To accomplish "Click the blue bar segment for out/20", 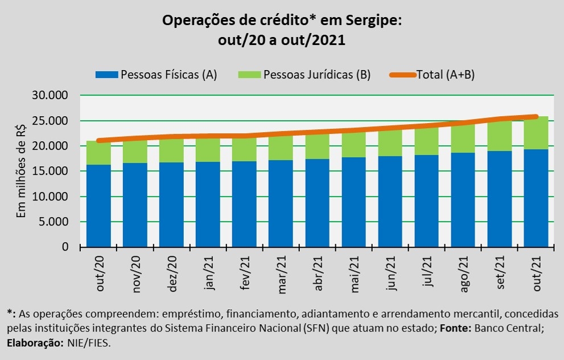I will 99,206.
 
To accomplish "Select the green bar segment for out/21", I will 536,133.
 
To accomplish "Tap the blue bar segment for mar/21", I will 281,203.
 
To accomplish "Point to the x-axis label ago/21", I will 464,274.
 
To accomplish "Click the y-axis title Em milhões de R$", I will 22,171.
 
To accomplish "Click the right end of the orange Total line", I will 536,117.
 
